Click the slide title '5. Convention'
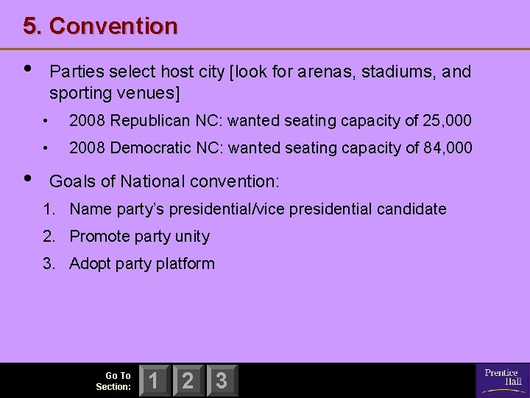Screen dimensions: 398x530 click(100, 27)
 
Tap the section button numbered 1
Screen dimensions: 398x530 click(155, 380)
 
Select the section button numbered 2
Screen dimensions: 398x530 click(188, 380)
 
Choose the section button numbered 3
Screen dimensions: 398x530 click(221, 380)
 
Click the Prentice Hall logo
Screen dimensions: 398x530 click(503, 378)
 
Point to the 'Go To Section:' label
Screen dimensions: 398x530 click(114, 380)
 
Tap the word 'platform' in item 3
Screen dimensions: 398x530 click(185, 264)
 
